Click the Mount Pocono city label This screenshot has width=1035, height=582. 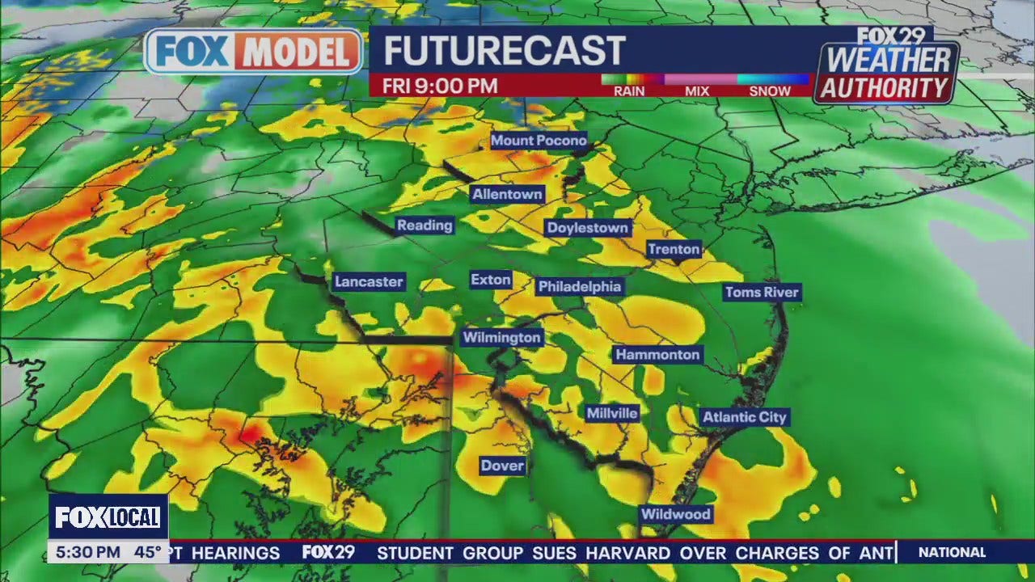(539, 141)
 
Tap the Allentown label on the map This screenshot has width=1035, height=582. (507, 195)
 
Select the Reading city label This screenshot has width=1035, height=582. (425, 226)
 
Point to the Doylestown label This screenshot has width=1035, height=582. (588, 228)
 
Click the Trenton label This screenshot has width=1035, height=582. (674, 249)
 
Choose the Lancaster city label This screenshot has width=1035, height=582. (369, 282)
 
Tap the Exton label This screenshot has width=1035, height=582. (491, 280)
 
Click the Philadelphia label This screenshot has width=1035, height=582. (580, 287)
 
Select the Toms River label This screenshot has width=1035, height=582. (762, 293)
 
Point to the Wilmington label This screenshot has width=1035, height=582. (501, 338)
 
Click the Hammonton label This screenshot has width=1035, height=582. (657, 355)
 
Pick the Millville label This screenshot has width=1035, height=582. (612, 413)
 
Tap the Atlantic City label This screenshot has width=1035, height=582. (744, 417)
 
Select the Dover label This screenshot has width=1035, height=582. (502, 466)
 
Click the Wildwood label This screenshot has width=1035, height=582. (675, 514)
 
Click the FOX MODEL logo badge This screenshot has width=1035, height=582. (254, 52)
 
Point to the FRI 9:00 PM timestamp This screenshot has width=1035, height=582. (440, 86)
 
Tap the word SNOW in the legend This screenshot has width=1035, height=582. (770, 91)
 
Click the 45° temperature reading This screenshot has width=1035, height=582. (147, 553)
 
